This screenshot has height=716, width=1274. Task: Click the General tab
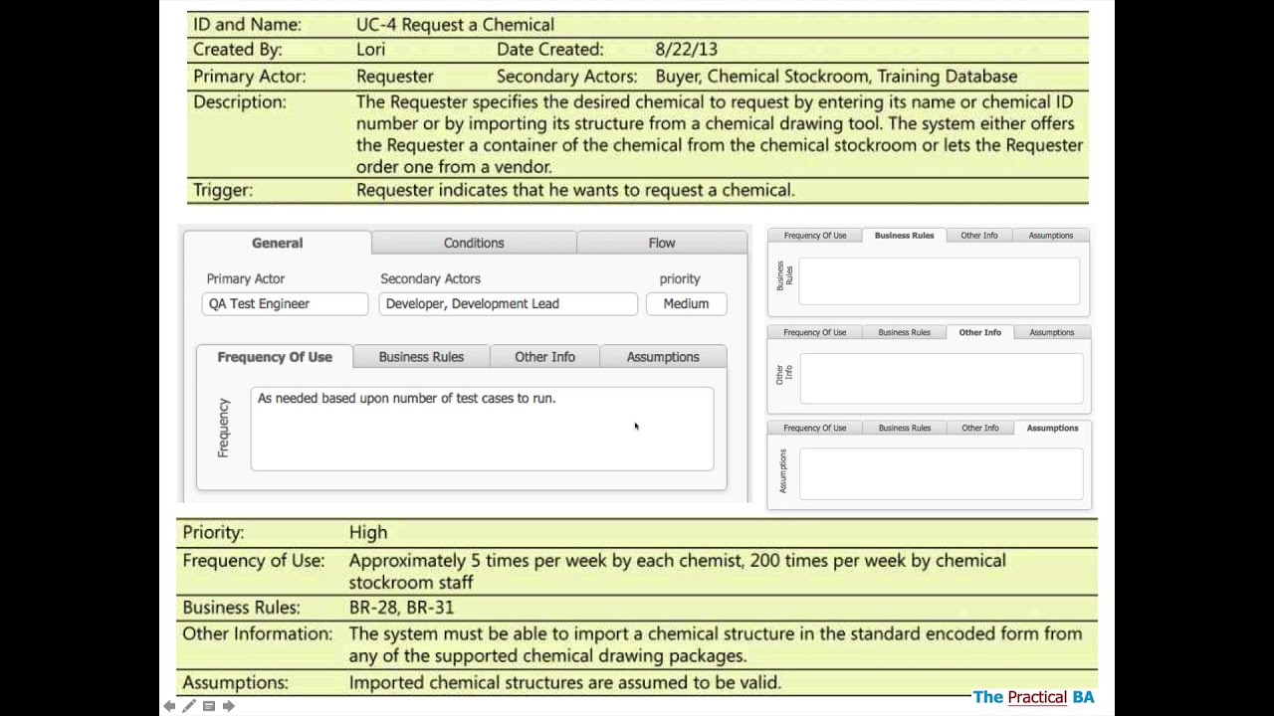click(277, 243)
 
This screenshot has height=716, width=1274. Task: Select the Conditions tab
click(474, 243)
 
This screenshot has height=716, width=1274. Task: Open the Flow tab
click(662, 243)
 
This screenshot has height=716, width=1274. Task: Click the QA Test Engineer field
click(285, 303)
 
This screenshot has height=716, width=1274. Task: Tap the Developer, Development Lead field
click(508, 303)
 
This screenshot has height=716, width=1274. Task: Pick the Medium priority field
click(686, 303)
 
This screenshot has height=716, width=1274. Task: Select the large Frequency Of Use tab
click(275, 357)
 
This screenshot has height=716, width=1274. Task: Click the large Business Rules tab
click(421, 357)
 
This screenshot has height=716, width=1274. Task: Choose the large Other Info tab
click(544, 357)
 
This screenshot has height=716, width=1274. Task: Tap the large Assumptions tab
click(663, 357)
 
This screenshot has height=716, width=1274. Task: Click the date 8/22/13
click(686, 49)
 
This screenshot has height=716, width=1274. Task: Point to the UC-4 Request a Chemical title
click(455, 24)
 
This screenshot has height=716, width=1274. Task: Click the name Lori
click(370, 49)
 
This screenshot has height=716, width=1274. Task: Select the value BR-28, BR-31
click(401, 607)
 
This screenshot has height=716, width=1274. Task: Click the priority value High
click(368, 532)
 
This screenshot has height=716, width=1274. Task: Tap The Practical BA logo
click(1033, 697)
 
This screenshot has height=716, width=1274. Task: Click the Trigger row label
click(223, 190)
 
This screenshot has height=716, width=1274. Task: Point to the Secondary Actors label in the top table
click(566, 76)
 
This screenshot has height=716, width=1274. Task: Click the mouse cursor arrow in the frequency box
click(636, 427)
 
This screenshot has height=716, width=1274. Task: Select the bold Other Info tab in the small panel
click(979, 332)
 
